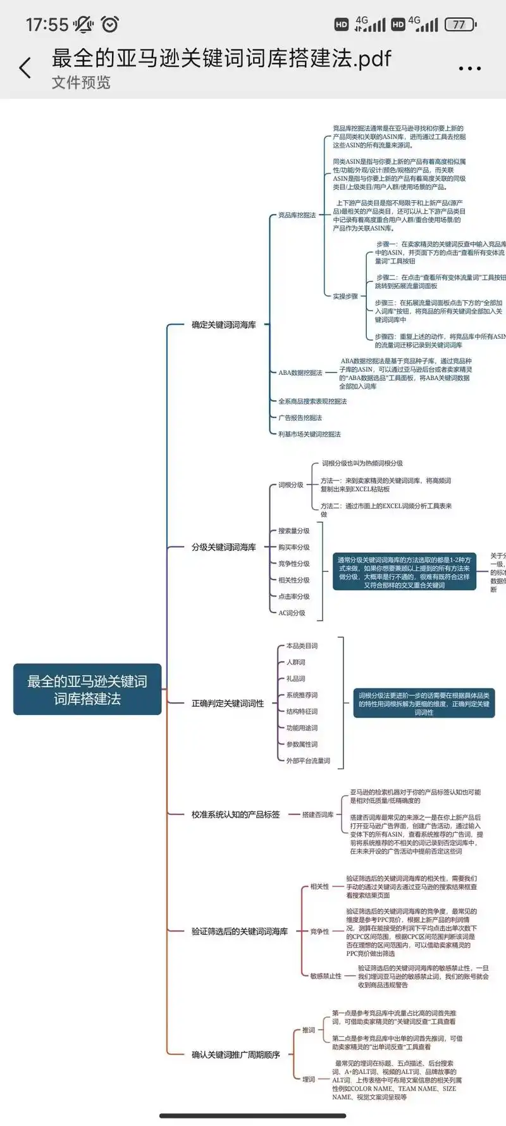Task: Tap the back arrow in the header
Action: coord(25,68)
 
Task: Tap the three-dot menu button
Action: coord(469,68)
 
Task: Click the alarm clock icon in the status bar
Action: coord(110,24)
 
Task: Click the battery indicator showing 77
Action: coord(460,25)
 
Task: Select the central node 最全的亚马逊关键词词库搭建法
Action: coord(87,690)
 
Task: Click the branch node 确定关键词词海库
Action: coord(224,325)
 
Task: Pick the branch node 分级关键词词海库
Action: coord(224,547)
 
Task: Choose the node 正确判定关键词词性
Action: coord(228,704)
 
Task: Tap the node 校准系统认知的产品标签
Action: coord(235,814)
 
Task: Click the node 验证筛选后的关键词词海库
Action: coord(240,932)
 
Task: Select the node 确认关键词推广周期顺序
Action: coord(235,1054)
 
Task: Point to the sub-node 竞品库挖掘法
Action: coord(297,215)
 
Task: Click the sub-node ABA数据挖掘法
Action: coord(300,373)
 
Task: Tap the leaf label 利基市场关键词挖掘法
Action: coord(309,434)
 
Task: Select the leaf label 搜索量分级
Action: coord(294,531)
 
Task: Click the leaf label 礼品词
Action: coord(295,679)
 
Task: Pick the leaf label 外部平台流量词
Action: coord(308,761)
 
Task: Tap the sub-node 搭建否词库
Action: coord(318,814)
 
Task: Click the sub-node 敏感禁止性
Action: coord(326,976)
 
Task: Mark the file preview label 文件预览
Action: coord(81,83)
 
